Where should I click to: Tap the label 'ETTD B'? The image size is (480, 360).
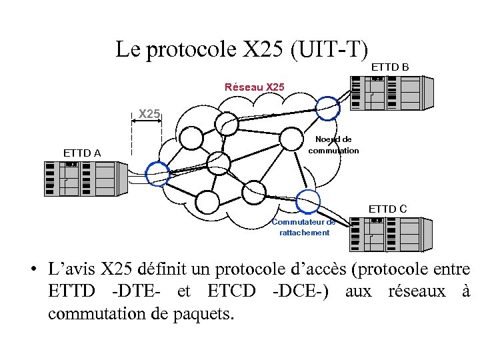(389, 67)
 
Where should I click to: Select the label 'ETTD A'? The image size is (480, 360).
(82, 153)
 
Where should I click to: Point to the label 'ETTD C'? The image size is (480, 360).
(387, 209)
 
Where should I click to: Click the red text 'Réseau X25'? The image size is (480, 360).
(254, 87)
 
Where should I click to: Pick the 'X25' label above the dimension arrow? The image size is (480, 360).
(149, 114)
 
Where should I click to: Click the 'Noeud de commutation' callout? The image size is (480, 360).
(333, 145)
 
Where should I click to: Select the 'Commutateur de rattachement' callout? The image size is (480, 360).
(304, 227)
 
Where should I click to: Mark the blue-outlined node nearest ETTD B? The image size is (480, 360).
(327, 107)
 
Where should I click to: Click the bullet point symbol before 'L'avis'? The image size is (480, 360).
(32, 271)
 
